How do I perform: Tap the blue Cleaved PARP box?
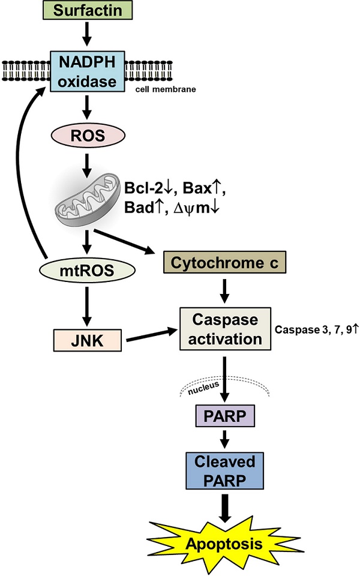[x=224, y=471]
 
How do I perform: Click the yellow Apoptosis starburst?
[x=223, y=544]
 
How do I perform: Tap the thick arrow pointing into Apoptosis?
[x=224, y=504]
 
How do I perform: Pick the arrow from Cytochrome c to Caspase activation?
[x=224, y=290]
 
